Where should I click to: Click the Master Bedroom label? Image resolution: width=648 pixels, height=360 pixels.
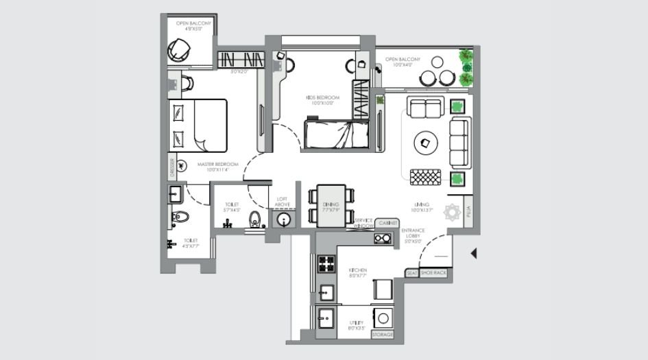coord(217,165)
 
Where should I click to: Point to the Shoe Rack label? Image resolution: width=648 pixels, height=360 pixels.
coord(433,273)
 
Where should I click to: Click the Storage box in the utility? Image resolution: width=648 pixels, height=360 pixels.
coord(383,335)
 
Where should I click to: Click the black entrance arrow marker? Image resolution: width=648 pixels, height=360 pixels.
coord(472,254)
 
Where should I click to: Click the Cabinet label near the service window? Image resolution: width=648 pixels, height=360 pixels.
coord(387,223)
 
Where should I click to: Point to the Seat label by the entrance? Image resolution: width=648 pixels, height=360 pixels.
coord(412,273)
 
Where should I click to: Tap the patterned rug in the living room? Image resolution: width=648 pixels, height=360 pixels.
coord(427,177)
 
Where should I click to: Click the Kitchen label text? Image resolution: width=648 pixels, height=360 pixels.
coord(358,272)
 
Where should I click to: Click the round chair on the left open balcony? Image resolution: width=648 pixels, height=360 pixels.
coord(180,49)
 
